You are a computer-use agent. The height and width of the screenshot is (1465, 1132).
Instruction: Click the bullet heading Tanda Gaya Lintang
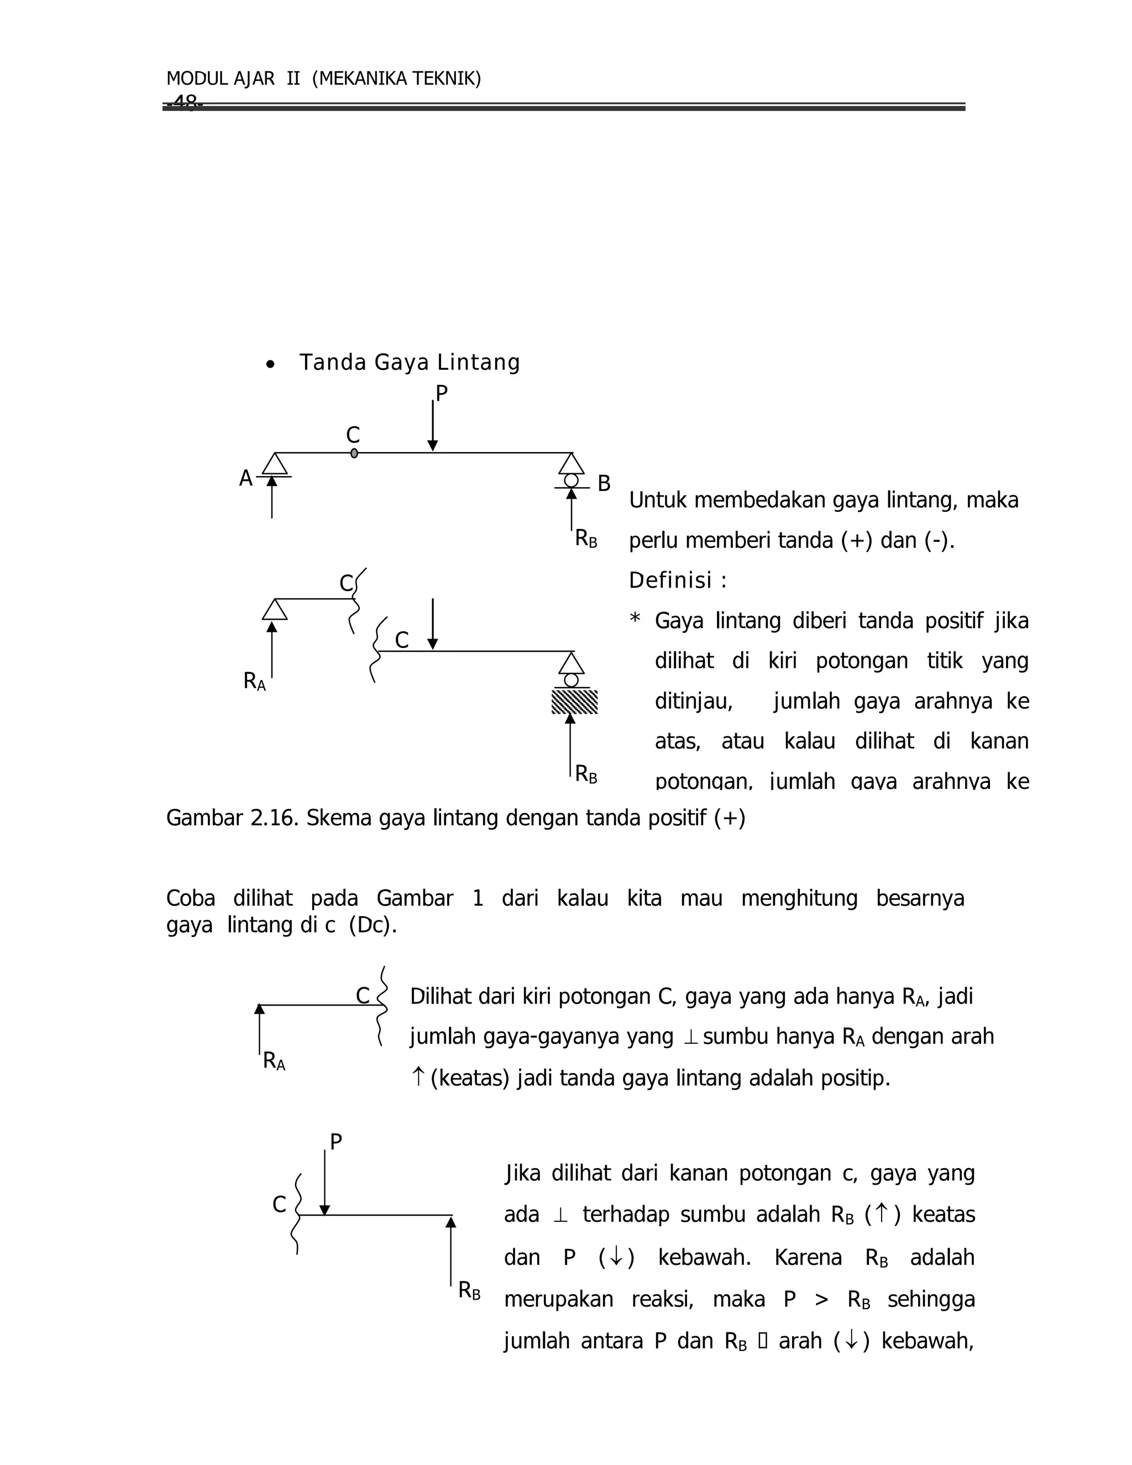pos(409,362)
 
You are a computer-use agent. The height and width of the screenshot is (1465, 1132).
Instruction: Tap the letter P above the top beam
pos(441,394)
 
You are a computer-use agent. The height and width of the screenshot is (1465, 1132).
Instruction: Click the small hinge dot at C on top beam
pos(354,453)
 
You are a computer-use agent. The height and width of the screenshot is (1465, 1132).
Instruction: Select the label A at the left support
pos(245,479)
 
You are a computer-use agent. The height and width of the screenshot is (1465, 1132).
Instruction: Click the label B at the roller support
pos(604,484)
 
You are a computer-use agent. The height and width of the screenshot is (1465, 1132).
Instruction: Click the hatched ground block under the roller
pos(574,702)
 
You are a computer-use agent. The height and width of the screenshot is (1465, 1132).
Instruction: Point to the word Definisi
pos(670,581)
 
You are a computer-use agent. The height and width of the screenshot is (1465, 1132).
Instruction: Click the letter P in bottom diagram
pos(336,1142)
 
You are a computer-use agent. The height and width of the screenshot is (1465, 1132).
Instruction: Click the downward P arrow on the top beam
pos(433,426)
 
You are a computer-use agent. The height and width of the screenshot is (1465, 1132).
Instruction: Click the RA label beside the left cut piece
pos(254,682)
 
